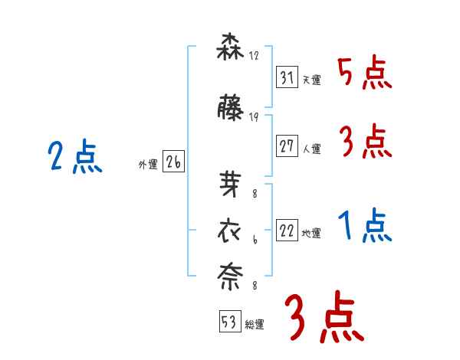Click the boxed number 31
(287, 77)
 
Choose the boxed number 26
(173, 162)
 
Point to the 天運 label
(311, 80)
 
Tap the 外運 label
(148, 164)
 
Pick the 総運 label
(255, 324)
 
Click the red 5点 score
(364, 74)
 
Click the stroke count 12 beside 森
(254, 56)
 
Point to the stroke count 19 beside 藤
(254, 117)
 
